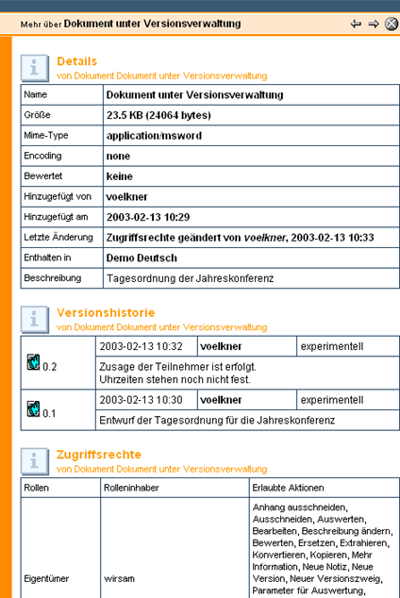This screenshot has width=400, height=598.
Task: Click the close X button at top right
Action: click(391, 24)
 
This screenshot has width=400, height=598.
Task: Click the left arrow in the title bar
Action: click(356, 24)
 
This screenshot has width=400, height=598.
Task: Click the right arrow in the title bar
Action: click(373, 24)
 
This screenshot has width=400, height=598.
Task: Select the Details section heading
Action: click(76, 61)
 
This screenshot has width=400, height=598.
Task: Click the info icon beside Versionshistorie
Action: click(36, 318)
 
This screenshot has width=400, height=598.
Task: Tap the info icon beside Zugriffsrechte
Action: click(36, 459)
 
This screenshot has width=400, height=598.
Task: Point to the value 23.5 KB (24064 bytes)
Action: click(158, 115)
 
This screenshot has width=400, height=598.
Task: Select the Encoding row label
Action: click(42, 156)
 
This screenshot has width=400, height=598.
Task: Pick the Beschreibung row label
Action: click(52, 278)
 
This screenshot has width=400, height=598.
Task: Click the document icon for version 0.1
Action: click(33, 408)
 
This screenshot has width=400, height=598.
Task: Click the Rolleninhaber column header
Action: click(133, 488)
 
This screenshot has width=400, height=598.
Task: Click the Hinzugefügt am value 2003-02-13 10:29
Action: click(149, 217)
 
